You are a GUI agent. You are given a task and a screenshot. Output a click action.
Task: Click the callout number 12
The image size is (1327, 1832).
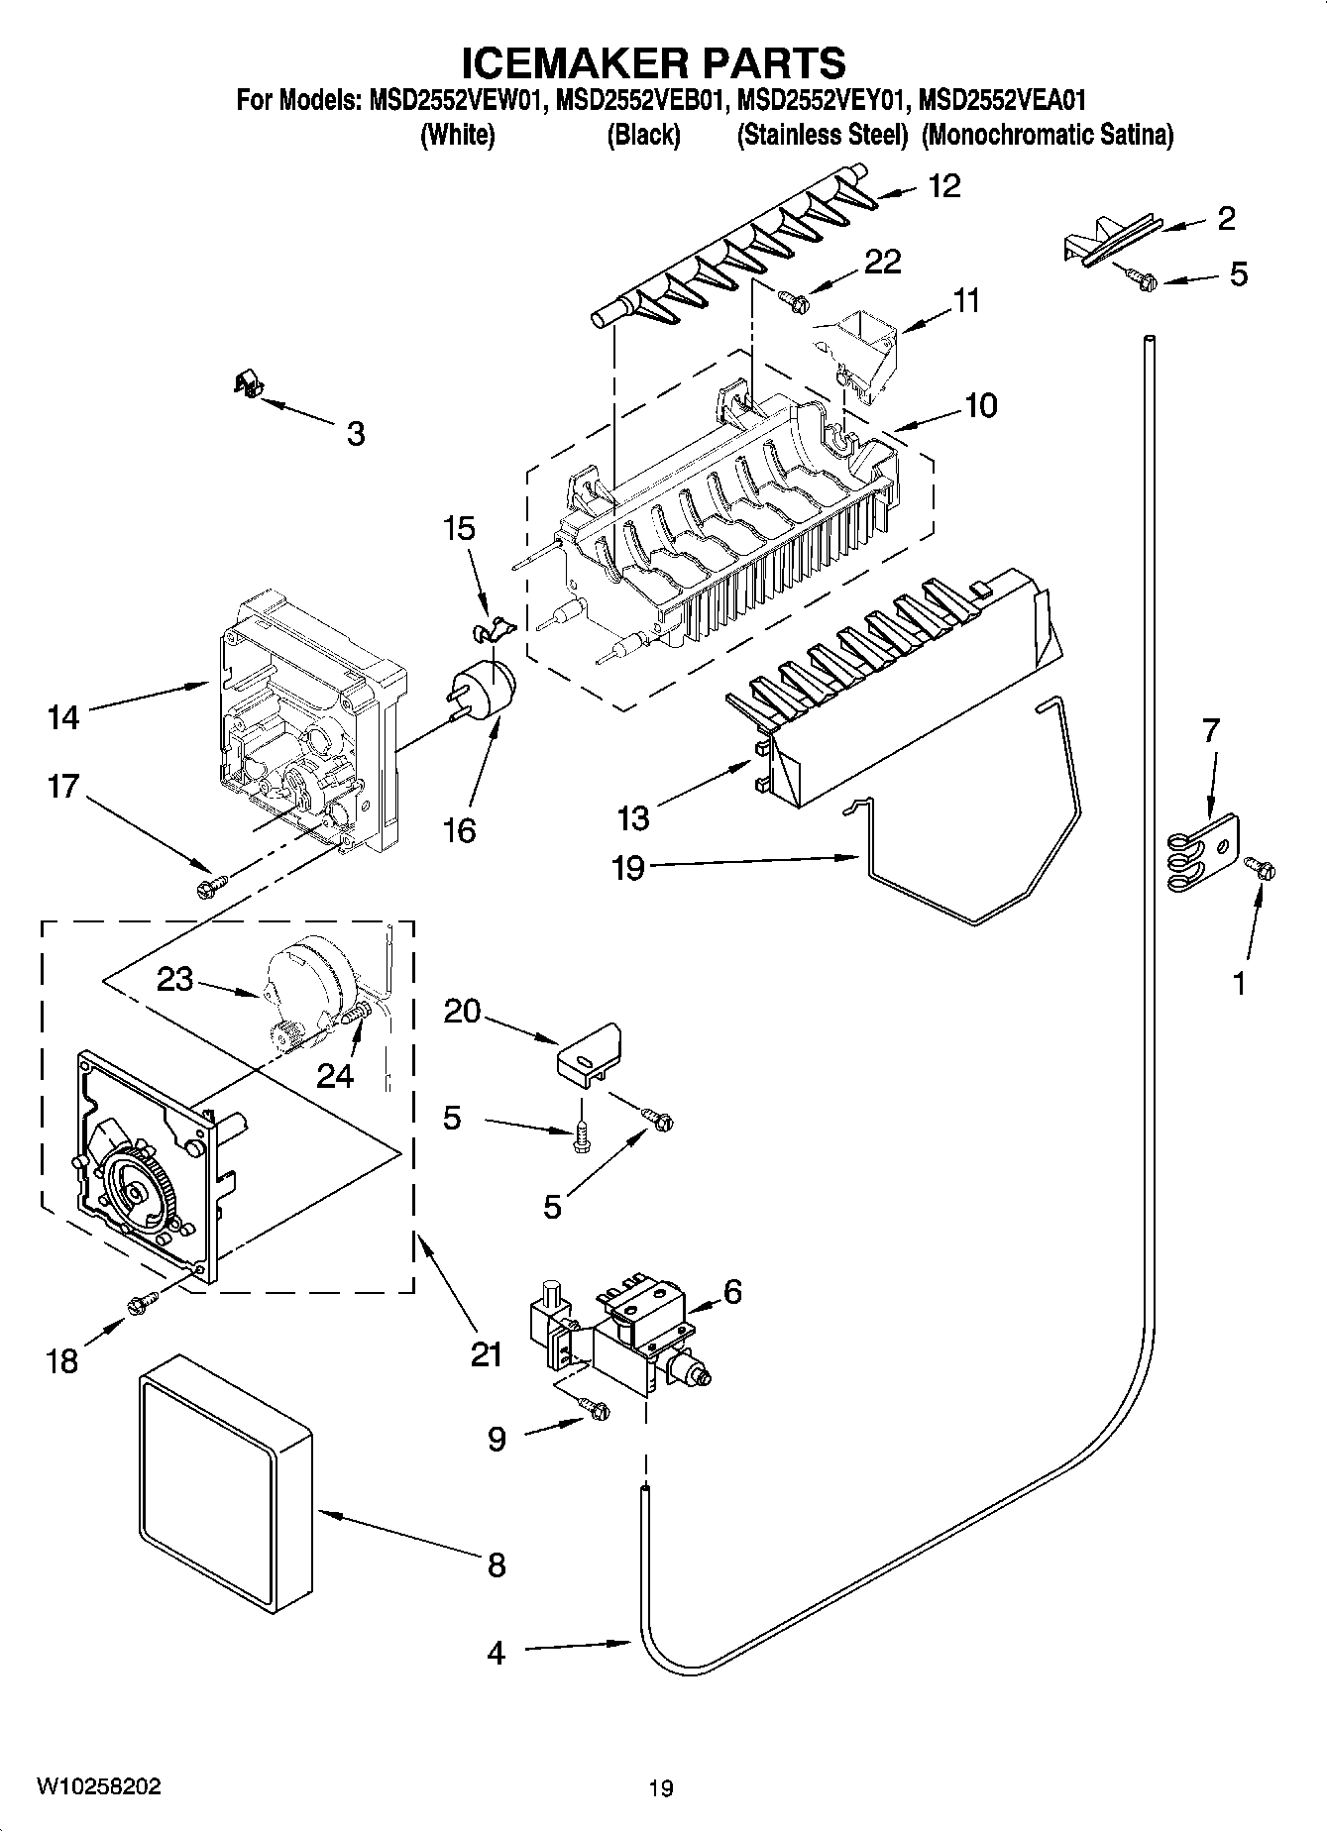[x=945, y=185]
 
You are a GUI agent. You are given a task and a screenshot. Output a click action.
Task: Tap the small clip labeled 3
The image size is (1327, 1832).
[x=246, y=382]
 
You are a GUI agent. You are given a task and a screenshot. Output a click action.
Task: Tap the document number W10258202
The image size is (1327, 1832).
[x=98, y=1786]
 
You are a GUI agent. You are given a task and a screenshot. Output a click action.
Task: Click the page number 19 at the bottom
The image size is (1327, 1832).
[x=660, y=1788]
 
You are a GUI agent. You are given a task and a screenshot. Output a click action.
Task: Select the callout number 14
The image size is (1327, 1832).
[x=62, y=715]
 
